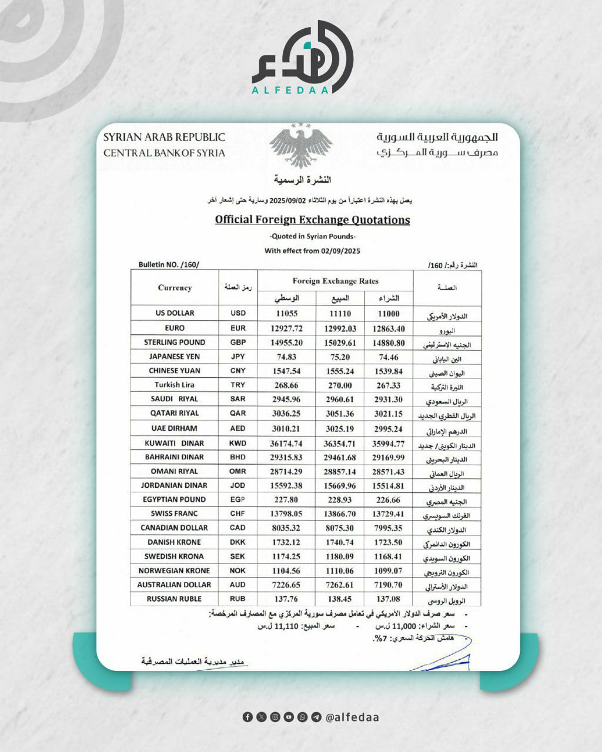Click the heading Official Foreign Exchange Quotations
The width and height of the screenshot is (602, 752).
312,220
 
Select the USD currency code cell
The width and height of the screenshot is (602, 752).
238,314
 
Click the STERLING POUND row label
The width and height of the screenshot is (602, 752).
175,343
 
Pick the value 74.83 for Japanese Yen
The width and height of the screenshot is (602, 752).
287,357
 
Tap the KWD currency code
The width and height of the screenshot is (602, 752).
238,444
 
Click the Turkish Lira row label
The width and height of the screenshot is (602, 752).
175,385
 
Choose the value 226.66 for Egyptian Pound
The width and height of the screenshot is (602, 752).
389,500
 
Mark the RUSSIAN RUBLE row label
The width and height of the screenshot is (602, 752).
175,599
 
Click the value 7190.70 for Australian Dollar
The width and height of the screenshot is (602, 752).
389,585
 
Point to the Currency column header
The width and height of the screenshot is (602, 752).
175,288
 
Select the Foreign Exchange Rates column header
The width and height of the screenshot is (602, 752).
335,281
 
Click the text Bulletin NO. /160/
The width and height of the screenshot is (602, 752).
169,265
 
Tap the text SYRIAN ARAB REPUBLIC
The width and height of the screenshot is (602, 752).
164,137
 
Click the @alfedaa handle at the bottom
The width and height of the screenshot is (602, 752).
352,717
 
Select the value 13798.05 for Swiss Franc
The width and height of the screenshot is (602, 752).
287,514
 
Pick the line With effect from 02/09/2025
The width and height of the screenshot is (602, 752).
312,251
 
